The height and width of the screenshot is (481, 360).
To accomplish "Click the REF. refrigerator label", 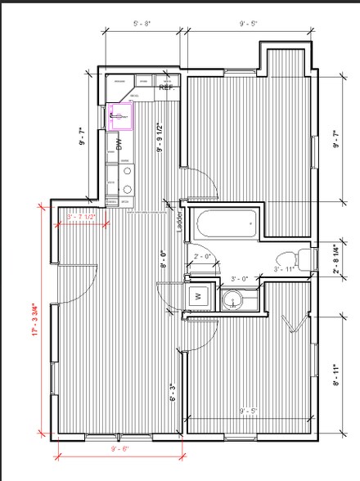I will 165,85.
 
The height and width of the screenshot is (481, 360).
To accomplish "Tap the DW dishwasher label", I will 119,145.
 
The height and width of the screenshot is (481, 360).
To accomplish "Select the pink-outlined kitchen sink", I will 121,117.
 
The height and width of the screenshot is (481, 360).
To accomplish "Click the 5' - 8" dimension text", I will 142,24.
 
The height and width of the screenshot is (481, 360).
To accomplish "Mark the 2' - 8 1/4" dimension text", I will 336,258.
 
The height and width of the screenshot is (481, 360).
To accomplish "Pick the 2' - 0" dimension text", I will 203,257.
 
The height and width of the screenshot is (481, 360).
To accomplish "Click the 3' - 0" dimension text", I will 240,279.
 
